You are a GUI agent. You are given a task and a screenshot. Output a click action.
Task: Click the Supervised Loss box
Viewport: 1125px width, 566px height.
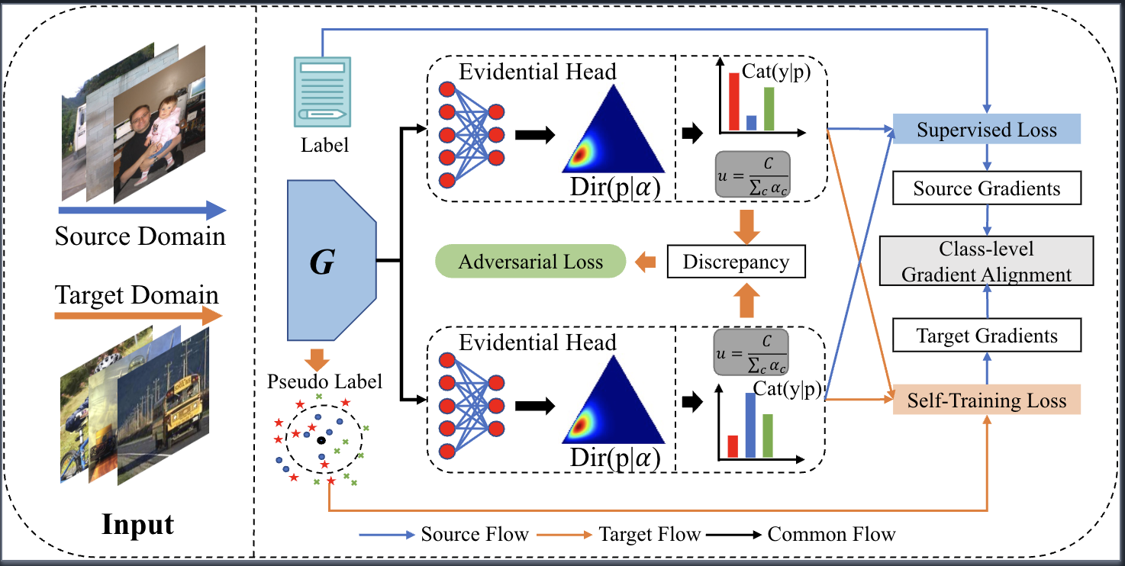tap(987, 130)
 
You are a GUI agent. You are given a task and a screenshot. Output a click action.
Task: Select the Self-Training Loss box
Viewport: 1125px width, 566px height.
tap(987, 400)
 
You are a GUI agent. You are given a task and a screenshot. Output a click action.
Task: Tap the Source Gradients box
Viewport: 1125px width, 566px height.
tap(987, 189)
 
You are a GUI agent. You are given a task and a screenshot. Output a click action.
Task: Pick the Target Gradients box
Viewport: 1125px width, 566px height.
tap(987, 336)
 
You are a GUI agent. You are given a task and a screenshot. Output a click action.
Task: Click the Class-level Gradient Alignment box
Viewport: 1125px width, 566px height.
tap(987, 262)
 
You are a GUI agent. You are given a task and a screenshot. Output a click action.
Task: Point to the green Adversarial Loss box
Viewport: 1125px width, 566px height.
tap(530, 262)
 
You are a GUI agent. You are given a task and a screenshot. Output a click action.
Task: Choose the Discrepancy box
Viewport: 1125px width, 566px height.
tap(736, 262)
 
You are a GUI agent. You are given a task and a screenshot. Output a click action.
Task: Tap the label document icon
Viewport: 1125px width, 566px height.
tap(323, 91)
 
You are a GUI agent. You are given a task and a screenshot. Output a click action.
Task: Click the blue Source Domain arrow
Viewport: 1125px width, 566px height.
tap(141, 211)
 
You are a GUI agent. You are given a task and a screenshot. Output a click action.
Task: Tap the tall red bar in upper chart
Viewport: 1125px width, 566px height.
tap(734, 101)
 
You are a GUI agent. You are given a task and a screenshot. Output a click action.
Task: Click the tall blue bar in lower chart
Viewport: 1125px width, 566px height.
tap(750, 424)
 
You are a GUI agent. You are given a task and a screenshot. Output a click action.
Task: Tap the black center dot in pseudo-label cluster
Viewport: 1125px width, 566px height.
tap(321, 441)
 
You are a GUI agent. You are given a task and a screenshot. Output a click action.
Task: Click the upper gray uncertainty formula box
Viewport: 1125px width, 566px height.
tap(753, 175)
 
